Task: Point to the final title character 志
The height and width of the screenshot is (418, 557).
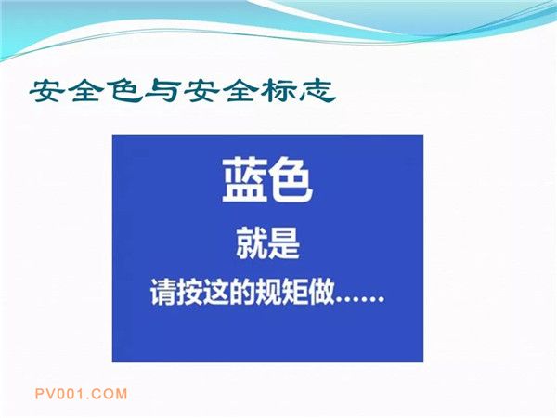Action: point(317,92)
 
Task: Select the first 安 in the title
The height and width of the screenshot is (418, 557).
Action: point(47,92)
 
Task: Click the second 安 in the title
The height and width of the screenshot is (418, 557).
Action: point(201,92)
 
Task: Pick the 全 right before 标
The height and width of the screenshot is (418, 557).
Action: point(240,92)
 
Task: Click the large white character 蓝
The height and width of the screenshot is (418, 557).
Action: point(244,180)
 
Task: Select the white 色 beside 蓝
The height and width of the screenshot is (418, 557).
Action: point(291,180)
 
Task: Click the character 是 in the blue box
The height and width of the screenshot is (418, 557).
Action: point(284,243)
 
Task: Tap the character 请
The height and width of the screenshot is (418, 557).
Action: point(163,293)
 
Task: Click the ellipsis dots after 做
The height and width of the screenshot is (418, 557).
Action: point(360,300)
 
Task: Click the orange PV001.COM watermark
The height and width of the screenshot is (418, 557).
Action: point(81,394)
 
